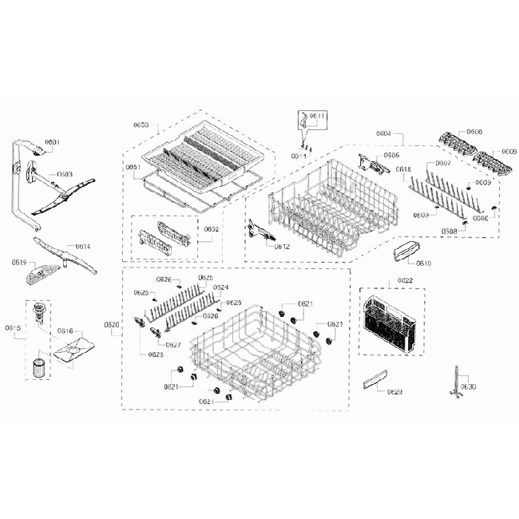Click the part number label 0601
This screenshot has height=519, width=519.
[52, 142]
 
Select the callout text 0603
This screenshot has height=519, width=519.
[65, 173]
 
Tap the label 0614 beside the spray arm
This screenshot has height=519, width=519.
[84, 247]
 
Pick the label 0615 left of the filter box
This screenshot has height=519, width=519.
[13, 327]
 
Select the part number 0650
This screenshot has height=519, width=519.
[141, 125]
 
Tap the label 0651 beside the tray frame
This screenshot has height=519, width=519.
[133, 167]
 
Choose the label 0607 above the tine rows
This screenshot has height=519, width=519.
[442, 163]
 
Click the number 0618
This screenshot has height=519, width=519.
[403, 169]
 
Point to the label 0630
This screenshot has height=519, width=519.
[468, 386]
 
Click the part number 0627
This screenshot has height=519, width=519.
[172, 345]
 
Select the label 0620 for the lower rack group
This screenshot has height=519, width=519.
[111, 324]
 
